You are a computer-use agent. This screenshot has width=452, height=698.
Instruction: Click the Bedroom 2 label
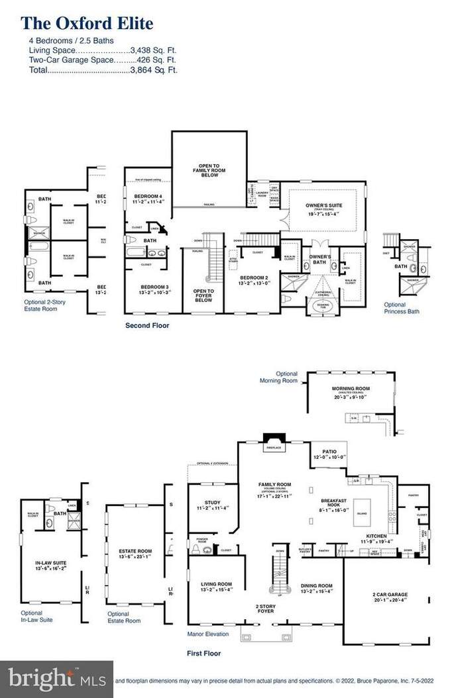pos(253,277)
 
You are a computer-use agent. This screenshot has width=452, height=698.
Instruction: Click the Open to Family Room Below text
pos(209,170)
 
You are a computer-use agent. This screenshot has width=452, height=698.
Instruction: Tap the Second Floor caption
pos(147,326)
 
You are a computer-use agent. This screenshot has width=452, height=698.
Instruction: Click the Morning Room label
pos(351,388)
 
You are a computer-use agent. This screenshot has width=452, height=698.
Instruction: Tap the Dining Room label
pos(316,585)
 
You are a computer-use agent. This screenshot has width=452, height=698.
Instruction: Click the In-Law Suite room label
pos(50,564)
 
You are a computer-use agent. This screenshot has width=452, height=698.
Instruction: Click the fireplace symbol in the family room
pos(272,442)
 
